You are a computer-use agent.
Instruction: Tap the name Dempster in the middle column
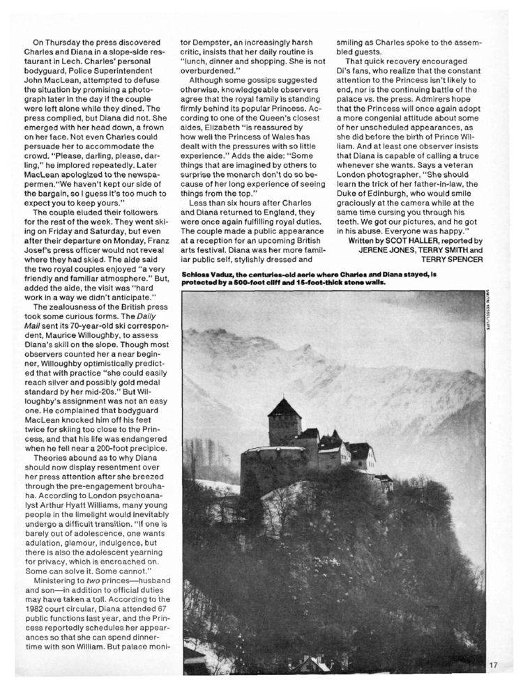click(x=207, y=42)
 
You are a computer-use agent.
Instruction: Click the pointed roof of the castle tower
click(x=285, y=406)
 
